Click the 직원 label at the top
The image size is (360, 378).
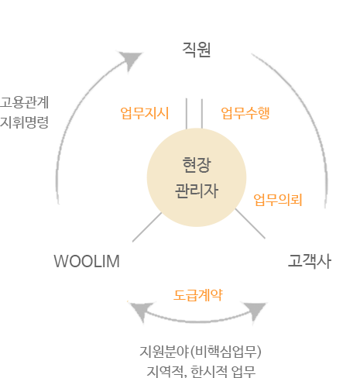click(x=197, y=50)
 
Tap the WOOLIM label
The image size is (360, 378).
click(x=87, y=261)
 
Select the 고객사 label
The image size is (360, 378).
click(x=310, y=261)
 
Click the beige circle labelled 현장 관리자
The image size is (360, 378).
click(x=197, y=177)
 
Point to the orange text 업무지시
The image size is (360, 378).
click(x=145, y=113)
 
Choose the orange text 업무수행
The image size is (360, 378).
click(x=245, y=113)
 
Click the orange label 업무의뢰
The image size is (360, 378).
click(x=278, y=200)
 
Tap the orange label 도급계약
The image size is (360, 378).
click(x=198, y=295)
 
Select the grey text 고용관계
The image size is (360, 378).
click(x=24, y=102)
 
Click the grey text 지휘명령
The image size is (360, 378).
click(x=24, y=122)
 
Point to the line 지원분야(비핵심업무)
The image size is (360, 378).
click(x=201, y=352)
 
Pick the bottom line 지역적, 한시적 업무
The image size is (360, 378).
click(x=201, y=371)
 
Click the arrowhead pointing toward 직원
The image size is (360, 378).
click(x=131, y=60)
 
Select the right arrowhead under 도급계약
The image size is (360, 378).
click(x=255, y=311)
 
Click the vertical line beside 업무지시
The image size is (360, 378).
click(x=187, y=113)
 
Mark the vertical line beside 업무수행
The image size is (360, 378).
click(x=202, y=113)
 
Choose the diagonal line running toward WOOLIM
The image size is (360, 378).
click(x=147, y=227)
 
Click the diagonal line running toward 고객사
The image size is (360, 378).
click(x=250, y=224)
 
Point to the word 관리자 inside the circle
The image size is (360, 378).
click(x=197, y=191)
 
